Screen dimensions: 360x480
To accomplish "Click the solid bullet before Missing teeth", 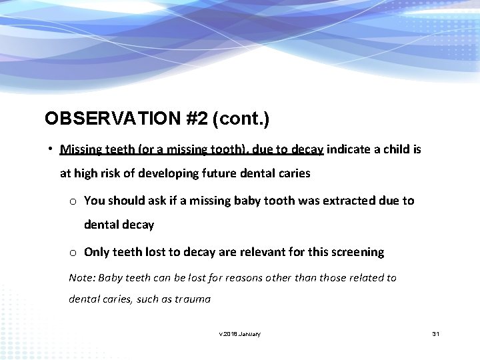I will (51, 149).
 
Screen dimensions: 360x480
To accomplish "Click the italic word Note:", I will (82, 278).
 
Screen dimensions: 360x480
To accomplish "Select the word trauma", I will (193, 299).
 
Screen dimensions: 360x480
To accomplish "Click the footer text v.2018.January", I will (239, 333).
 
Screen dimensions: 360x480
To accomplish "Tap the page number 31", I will (436, 333).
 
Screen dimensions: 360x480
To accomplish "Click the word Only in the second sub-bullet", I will (97, 252).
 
